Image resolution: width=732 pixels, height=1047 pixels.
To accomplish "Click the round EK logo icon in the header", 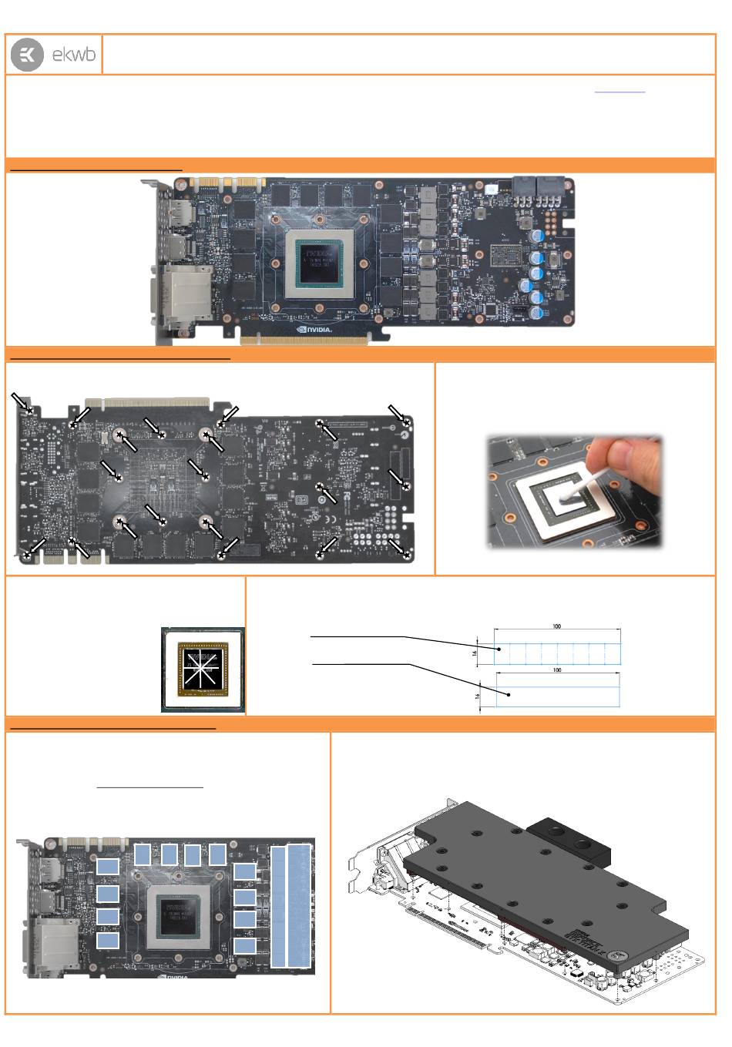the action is [27, 55].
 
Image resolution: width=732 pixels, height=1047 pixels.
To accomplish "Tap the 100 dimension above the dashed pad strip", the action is [556, 626].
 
